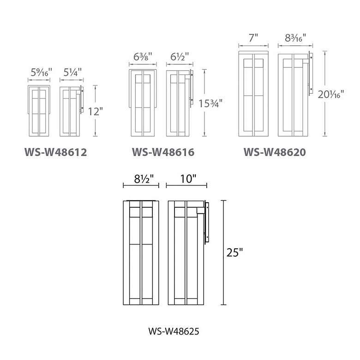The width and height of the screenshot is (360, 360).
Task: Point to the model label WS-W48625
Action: click(174, 331)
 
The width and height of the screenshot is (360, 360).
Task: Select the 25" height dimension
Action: click(235, 253)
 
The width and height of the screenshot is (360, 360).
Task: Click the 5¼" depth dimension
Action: click(71, 72)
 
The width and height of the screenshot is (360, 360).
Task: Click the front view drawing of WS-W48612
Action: click(39, 111)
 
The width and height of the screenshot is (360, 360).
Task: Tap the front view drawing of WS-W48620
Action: click(253, 95)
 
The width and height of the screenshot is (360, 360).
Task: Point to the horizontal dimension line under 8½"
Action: click(141, 186)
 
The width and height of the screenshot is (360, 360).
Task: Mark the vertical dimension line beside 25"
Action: click(224, 253)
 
